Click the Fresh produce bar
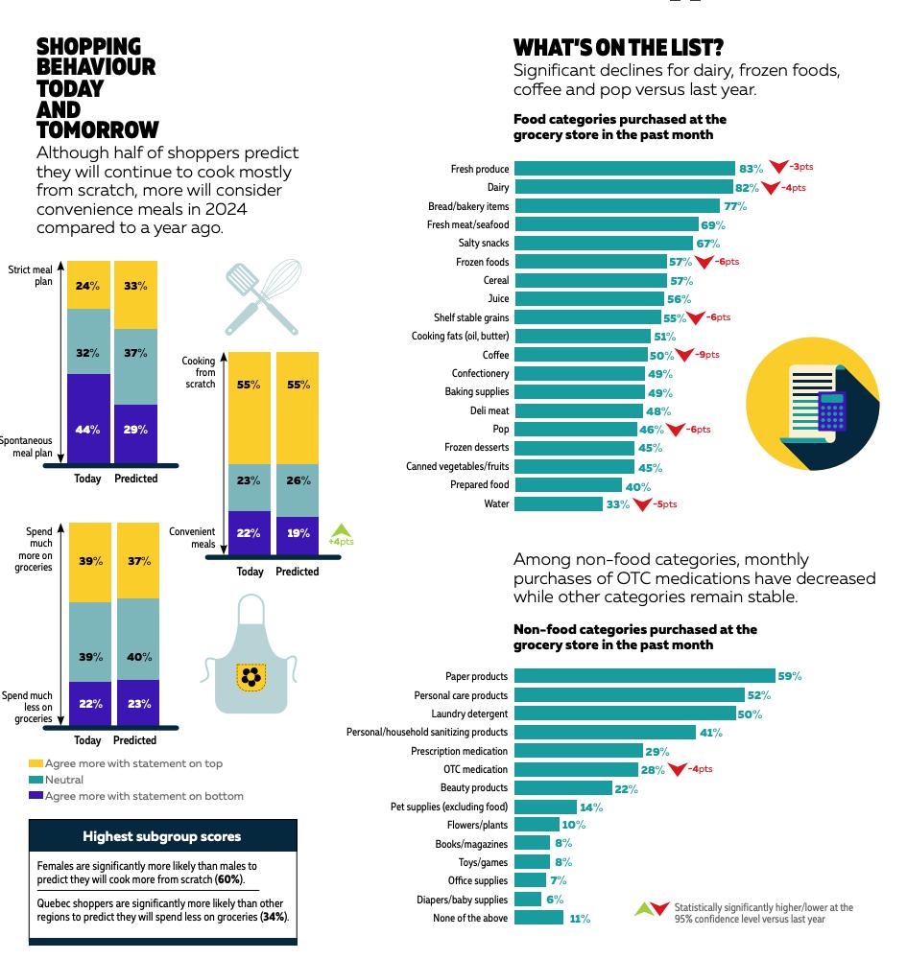pyautogui.click(x=624, y=169)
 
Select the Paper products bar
pyautogui.click(x=644, y=676)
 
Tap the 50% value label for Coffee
pyautogui.click(x=661, y=356)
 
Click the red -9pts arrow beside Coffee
pyautogui.click(x=684, y=355)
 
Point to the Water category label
pyautogui.click(x=496, y=503)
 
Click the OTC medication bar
pyautogui.click(x=576, y=769)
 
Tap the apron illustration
pyautogui.click(x=251, y=657)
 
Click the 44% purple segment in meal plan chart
pyautogui.click(x=88, y=429)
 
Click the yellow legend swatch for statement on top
pyautogui.click(x=36, y=763)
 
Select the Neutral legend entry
pyautogui.click(x=63, y=780)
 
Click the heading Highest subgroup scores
pyautogui.click(x=161, y=836)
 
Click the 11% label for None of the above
pyautogui.click(x=579, y=919)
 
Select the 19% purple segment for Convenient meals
pyautogui.click(x=298, y=532)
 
